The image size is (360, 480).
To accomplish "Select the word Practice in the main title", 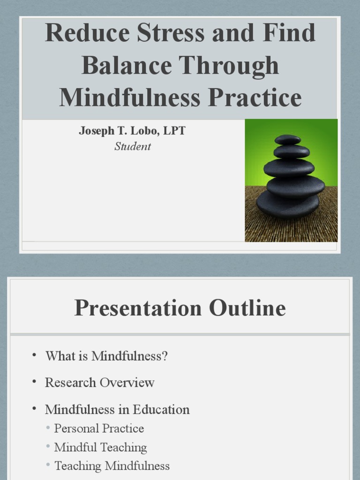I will [255, 98].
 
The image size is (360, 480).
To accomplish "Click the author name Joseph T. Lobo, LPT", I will [132, 131].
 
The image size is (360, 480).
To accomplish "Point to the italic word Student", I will [133, 147].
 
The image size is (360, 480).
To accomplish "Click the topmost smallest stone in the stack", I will [288, 139].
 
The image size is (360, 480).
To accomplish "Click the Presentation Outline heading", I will [180, 308].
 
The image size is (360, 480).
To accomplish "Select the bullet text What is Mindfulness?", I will [106, 356].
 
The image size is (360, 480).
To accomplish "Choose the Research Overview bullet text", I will [99, 382].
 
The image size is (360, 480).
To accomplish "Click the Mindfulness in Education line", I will [117, 410].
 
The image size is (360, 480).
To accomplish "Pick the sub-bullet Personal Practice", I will [99, 428].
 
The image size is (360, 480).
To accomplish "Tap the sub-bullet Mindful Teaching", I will [100, 448].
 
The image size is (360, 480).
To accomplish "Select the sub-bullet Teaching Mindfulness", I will [112, 466].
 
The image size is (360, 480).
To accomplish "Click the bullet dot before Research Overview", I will [34, 382].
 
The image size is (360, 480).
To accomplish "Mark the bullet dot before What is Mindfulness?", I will [34, 355].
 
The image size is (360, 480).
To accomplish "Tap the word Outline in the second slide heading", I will [247, 308].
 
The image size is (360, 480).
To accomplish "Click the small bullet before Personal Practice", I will [48, 427].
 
